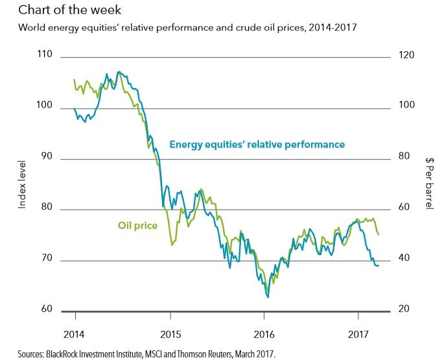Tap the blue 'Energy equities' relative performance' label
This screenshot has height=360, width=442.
(x=257, y=144)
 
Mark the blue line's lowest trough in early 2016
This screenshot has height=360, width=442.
(x=268, y=297)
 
